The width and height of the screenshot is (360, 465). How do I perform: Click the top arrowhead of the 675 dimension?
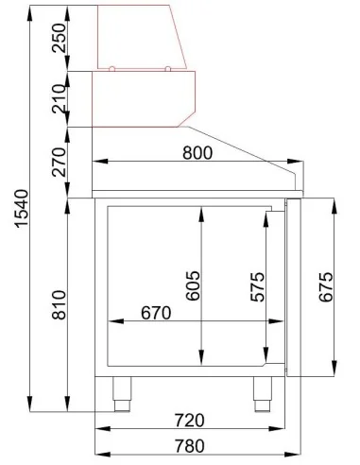(x=333, y=202)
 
